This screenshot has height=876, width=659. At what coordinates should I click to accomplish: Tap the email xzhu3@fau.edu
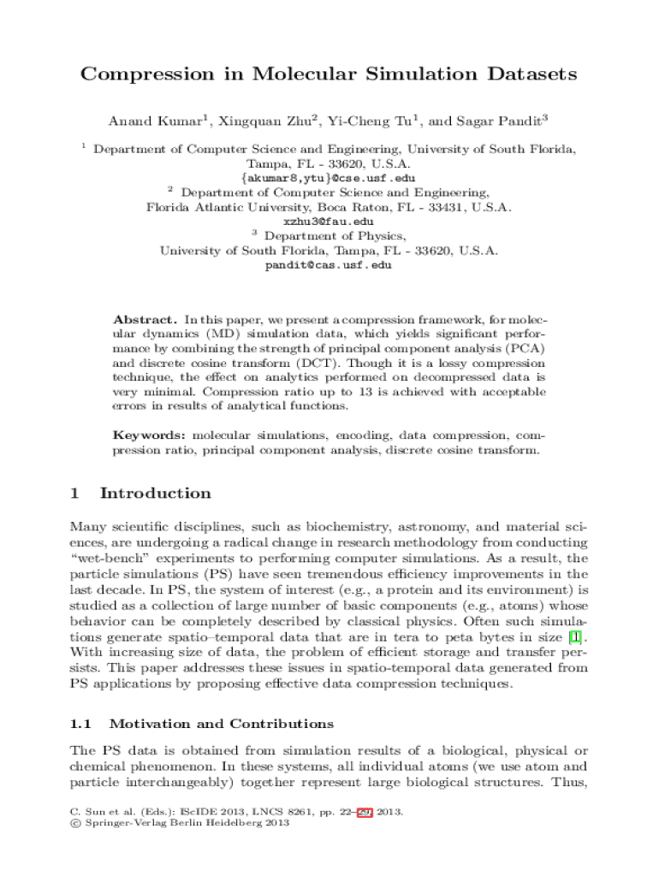(329, 222)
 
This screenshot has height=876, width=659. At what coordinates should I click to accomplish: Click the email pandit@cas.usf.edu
(329, 265)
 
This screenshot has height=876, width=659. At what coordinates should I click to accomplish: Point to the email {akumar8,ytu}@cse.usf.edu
(329, 178)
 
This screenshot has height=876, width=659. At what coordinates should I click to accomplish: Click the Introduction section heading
(155, 494)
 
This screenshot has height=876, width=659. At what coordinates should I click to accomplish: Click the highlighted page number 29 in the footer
(364, 812)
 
